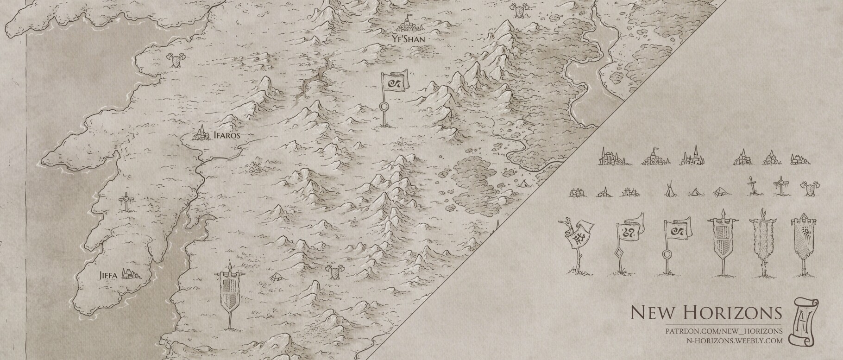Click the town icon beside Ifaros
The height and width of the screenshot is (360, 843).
(x=202, y=134)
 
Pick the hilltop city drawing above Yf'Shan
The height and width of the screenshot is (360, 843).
(x=408, y=24)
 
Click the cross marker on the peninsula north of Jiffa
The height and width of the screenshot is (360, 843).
(x=125, y=202)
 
